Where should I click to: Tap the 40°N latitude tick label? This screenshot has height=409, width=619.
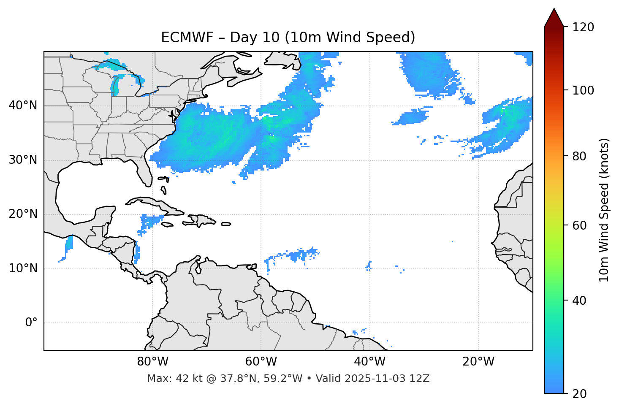point(23,106)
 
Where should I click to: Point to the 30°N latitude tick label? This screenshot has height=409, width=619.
point(23,160)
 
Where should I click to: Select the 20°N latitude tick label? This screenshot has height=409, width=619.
point(23,214)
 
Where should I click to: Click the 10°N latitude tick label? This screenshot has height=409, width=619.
point(23,268)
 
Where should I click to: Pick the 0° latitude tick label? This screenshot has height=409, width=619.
point(31,323)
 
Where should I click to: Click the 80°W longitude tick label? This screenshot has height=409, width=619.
point(152,362)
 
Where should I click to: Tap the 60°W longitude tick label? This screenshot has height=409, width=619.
point(261,362)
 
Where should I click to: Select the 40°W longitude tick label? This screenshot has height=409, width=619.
point(369,362)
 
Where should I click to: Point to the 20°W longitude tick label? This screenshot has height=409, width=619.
point(478,362)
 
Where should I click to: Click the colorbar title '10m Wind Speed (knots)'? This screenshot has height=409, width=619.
point(605,210)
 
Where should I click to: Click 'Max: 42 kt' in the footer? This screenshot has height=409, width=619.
point(166,379)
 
